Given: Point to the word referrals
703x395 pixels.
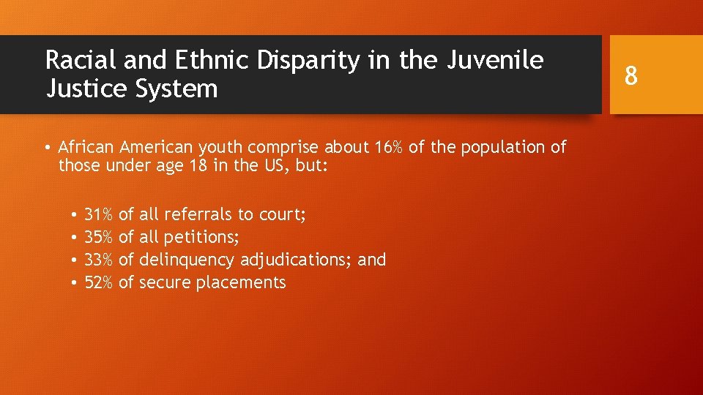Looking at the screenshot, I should coord(198,214).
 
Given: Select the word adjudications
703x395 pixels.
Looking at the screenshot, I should coord(297,260).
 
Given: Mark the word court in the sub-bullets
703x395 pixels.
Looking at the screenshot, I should coord(281,214).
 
